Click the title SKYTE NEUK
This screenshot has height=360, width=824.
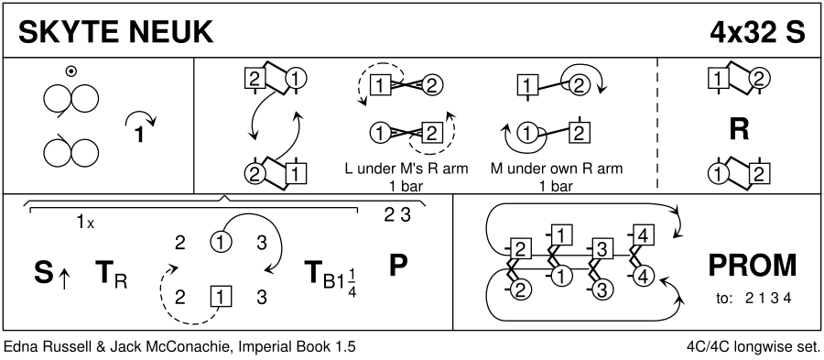(115, 33)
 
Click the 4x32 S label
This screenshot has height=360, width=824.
(757, 33)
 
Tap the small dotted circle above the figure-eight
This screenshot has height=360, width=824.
(70, 71)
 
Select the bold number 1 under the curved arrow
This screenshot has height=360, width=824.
(139, 135)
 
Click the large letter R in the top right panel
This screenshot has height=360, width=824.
(740, 130)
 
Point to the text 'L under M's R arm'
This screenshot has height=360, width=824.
(407, 169)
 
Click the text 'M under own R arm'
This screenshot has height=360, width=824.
(557, 169)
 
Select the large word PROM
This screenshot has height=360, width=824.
(753, 266)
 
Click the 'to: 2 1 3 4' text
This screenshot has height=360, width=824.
(754, 299)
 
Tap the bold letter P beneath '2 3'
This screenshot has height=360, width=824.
(398, 266)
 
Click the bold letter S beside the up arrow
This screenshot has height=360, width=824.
(44, 273)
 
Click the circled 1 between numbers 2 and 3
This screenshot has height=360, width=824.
(221, 243)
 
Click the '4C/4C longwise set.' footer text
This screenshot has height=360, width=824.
(754, 347)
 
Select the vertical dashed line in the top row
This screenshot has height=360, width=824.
(657, 123)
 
